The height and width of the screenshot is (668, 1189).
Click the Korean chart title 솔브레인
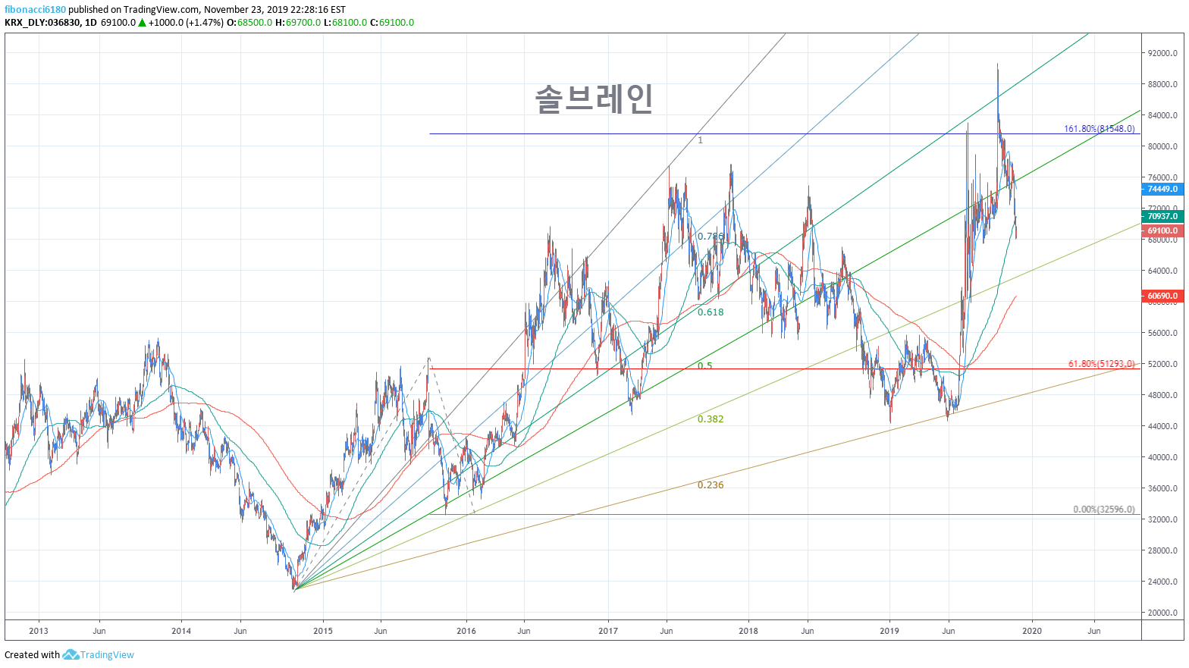[594, 99]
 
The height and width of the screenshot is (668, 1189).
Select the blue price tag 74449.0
[1162, 189]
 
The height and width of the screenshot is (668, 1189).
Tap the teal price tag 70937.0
[1162, 216]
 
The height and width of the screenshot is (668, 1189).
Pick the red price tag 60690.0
[1162, 296]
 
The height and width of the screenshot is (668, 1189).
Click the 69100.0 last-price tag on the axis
[1162, 231]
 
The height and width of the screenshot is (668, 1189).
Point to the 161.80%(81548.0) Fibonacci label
[1099, 129]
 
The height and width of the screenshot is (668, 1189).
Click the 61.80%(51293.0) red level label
[1101, 364]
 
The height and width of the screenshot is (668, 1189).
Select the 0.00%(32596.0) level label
[1103, 510]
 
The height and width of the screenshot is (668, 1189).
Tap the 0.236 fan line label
[711, 485]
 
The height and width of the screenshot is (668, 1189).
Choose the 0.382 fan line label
[711, 419]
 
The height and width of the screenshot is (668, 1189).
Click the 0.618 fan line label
[711, 312]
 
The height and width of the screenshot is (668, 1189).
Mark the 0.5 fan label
[704, 366]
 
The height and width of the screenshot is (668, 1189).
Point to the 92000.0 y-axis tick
[1162, 53]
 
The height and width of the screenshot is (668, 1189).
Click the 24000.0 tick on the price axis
[1162, 582]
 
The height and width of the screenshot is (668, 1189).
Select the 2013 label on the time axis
[38, 631]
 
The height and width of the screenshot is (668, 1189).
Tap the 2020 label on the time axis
[1031, 631]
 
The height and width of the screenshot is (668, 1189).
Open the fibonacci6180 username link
[35, 10]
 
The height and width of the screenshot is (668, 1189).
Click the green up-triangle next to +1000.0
[142, 23]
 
